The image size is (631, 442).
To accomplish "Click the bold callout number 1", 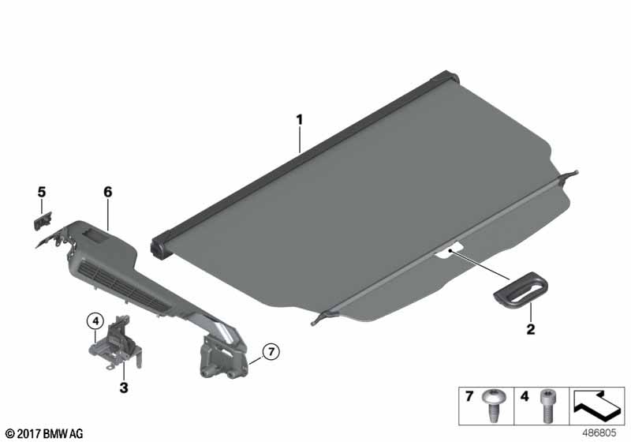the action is [x=299, y=120].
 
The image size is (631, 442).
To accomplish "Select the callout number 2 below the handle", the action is [x=531, y=329].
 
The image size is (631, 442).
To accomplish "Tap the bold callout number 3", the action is [x=124, y=388].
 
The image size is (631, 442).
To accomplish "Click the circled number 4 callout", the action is [x=95, y=321].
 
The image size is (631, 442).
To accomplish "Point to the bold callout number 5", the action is [x=42, y=192].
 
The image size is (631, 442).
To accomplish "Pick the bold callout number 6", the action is [x=108, y=192].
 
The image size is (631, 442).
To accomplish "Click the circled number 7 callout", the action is [x=271, y=352].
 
